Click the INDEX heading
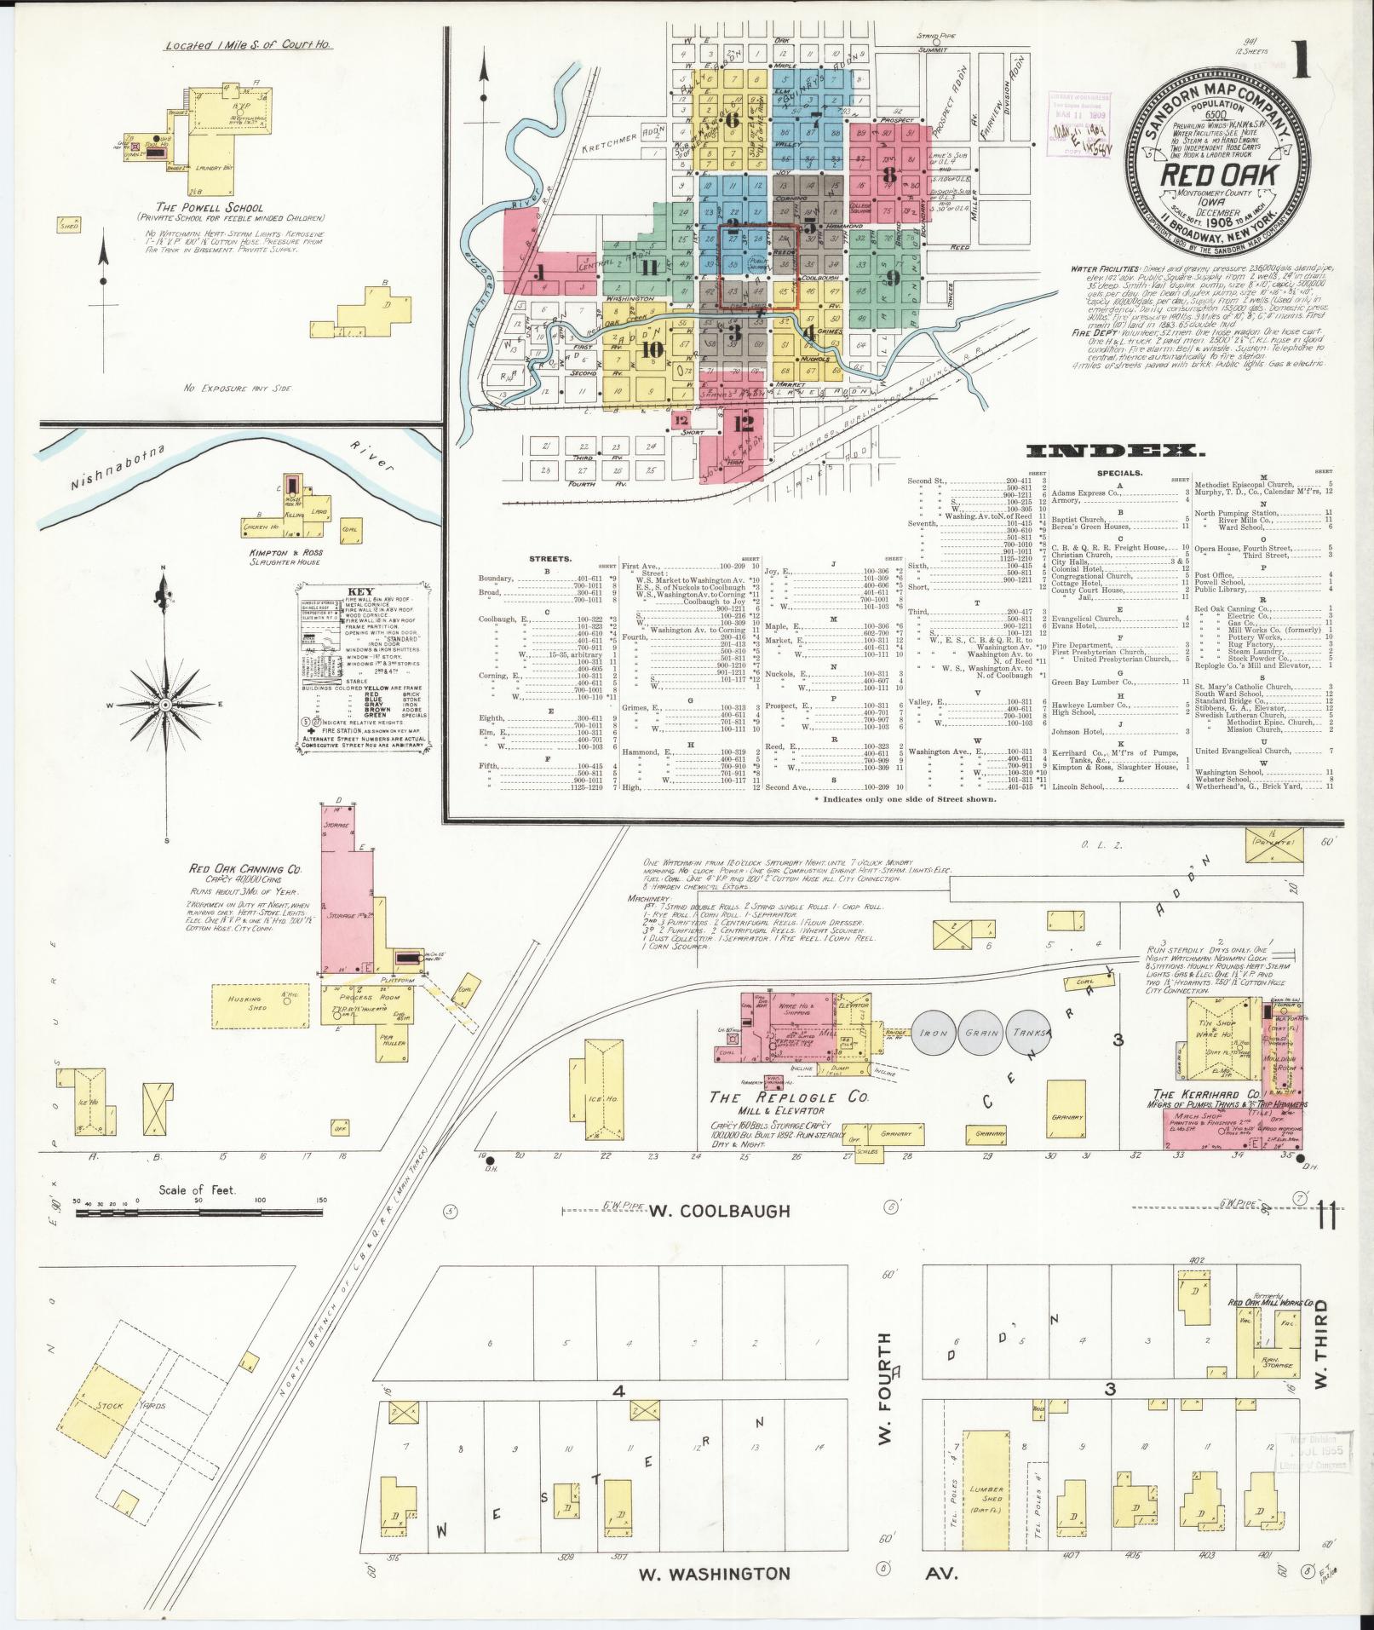[1115, 451]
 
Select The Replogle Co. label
[789, 1098]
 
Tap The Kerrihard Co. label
[1204, 1095]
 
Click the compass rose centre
[164, 706]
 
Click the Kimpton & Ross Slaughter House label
[294, 558]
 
